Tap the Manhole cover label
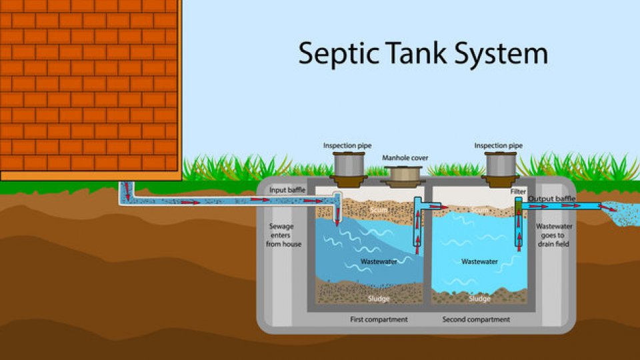pos(405,158)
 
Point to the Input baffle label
pos(287,191)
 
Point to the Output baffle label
pos(551,199)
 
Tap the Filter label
pos(518,191)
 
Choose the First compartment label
pos(379,319)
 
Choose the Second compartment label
pos(476,319)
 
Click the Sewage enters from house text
pos(285,235)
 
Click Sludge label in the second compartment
pos(479,299)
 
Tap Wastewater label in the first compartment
pos(379,261)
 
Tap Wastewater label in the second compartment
pos(479,261)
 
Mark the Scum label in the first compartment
pos(379,210)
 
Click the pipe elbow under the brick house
pos(125,199)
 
